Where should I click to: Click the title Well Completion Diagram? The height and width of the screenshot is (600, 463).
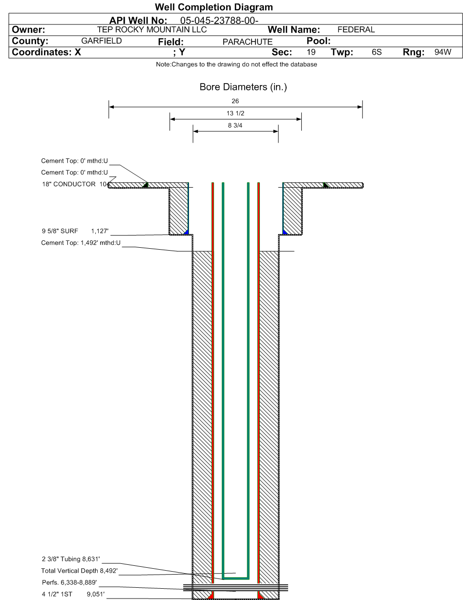click(x=213, y=7)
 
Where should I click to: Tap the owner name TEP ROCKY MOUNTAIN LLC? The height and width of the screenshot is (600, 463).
click(x=152, y=30)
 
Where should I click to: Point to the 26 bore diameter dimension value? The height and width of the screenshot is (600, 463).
click(x=235, y=101)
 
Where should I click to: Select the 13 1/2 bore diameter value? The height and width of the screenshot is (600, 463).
click(x=235, y=113)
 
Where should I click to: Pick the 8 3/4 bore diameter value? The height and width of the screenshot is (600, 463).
click(x=235, y=125)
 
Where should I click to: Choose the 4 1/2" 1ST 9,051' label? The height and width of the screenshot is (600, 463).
click(x=71, y=594)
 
